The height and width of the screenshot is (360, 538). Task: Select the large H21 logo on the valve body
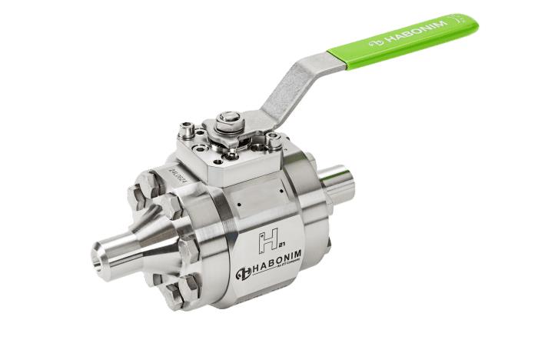[268, 240]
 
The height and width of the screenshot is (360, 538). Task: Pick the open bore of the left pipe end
[102, 251]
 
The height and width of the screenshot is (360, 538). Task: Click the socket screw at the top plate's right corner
[274, 140]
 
